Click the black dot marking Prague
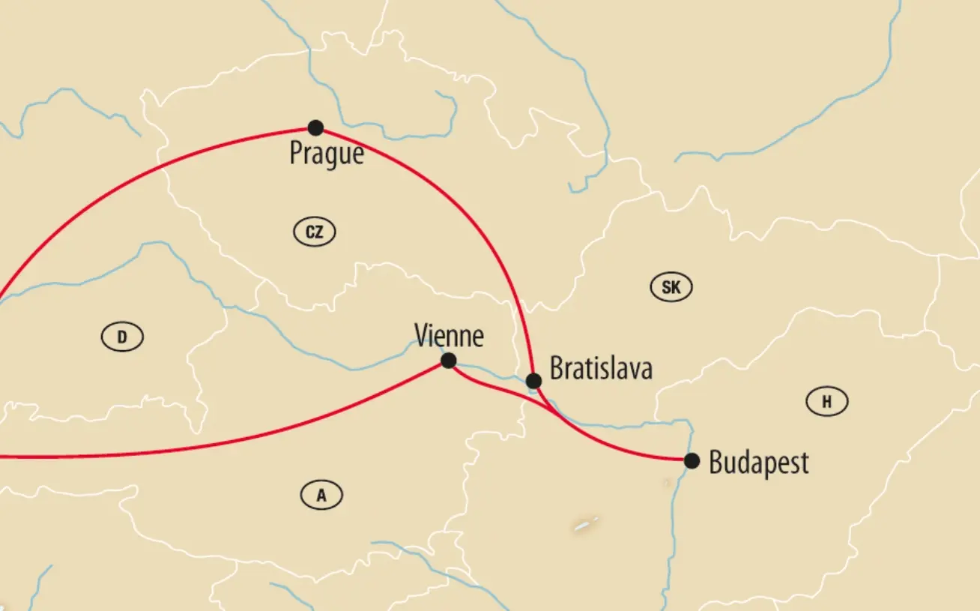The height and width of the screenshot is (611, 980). click(315, 127)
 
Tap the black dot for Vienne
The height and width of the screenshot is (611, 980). click(448, 361)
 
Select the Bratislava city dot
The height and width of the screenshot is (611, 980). click(533, 381)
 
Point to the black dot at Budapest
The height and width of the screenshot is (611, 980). click(692, 460)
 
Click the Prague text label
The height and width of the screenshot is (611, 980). click(327, 154)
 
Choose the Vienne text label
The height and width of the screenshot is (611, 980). click(449, 336)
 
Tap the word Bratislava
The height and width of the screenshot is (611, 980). click(601, 369)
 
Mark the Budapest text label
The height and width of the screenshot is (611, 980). click(758, 463)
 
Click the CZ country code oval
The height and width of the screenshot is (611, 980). click(315, 232)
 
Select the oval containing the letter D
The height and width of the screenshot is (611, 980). click(122, 337)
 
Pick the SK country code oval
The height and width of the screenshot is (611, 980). click(671, 287)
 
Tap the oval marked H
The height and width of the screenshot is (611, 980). click(827, 402)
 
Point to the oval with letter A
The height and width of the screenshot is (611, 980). click(321, 495)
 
